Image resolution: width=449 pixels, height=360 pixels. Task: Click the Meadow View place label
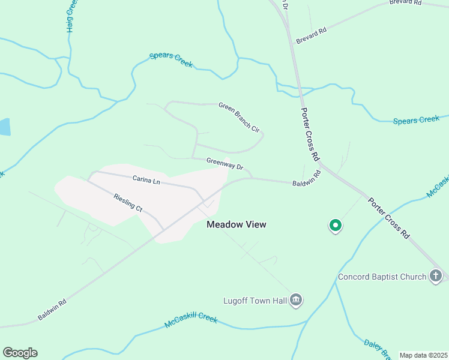(236, 224)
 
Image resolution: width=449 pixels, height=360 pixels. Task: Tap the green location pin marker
(335, 226)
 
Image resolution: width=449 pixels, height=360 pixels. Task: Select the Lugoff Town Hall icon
(295, 299)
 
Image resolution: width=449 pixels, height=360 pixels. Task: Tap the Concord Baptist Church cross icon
(436, 277)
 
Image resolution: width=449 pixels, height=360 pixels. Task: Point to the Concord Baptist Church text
(382, 277)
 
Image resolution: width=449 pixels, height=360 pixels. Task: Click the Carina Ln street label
(146, 180)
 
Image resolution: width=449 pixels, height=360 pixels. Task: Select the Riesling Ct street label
(127, 202)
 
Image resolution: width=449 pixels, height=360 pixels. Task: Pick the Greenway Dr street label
(224, 164)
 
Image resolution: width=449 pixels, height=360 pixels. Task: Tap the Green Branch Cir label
(239, 116)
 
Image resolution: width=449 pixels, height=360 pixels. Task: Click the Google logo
(20, 353)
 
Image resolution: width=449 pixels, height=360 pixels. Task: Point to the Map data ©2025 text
(424, 355)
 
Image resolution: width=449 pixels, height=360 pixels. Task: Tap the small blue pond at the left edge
(4, 127)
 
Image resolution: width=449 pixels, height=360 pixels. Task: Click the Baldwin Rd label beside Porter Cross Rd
(307, 178)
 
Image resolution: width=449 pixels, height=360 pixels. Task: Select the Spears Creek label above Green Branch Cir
(170, 59)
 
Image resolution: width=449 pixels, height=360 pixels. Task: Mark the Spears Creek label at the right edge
(416, 121)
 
